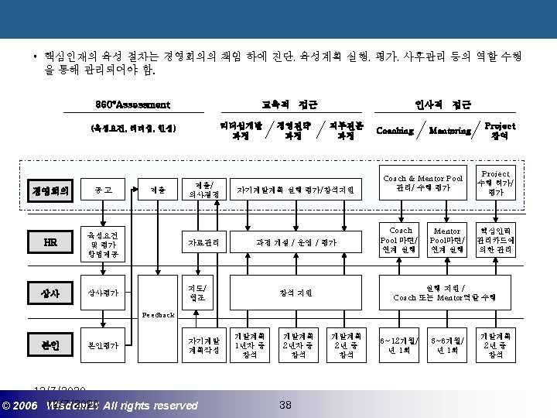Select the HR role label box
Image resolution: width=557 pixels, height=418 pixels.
(50, 242)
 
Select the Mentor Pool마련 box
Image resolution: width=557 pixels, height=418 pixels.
(447, 240)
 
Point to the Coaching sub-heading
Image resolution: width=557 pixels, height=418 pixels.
(395, 130)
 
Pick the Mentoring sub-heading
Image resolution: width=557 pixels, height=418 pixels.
(449, 130)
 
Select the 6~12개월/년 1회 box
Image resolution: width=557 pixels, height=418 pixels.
(401, 345)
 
